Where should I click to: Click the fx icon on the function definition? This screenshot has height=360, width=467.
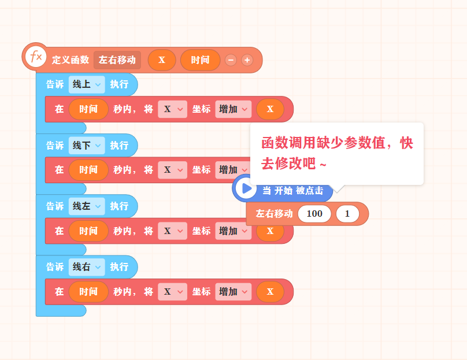coord(36,57)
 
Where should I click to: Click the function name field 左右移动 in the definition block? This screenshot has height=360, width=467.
coord(117,60)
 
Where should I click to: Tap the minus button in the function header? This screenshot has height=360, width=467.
coord(231,60)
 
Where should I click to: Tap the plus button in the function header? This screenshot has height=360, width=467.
coord(247,60)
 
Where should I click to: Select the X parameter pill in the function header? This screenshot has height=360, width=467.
coord(162,60)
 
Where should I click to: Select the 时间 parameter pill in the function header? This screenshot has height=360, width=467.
coord(200,60)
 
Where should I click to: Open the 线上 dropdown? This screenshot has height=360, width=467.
coord(87,84)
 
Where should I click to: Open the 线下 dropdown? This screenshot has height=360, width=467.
coord(87,146)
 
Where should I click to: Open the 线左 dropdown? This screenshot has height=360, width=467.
coord(87,206)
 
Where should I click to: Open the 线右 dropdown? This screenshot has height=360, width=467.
coord(87,267)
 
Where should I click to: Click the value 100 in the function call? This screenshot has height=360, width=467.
coord(314,214)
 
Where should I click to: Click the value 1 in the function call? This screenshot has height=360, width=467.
coord(347,214)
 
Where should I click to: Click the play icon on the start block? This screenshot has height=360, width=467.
coord(246,188)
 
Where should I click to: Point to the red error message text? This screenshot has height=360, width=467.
coord(337,153)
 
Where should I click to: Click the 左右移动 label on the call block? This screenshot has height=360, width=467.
coord(274,214)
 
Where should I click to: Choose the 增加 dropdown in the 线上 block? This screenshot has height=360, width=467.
coord(233,109)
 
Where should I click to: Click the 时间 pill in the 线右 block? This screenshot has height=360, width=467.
coord(88,292)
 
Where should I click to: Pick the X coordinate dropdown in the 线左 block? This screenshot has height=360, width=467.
coord(172,231)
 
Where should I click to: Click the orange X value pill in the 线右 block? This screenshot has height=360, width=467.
coord(270,292)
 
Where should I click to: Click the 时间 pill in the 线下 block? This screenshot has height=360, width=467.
coord(88,170)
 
